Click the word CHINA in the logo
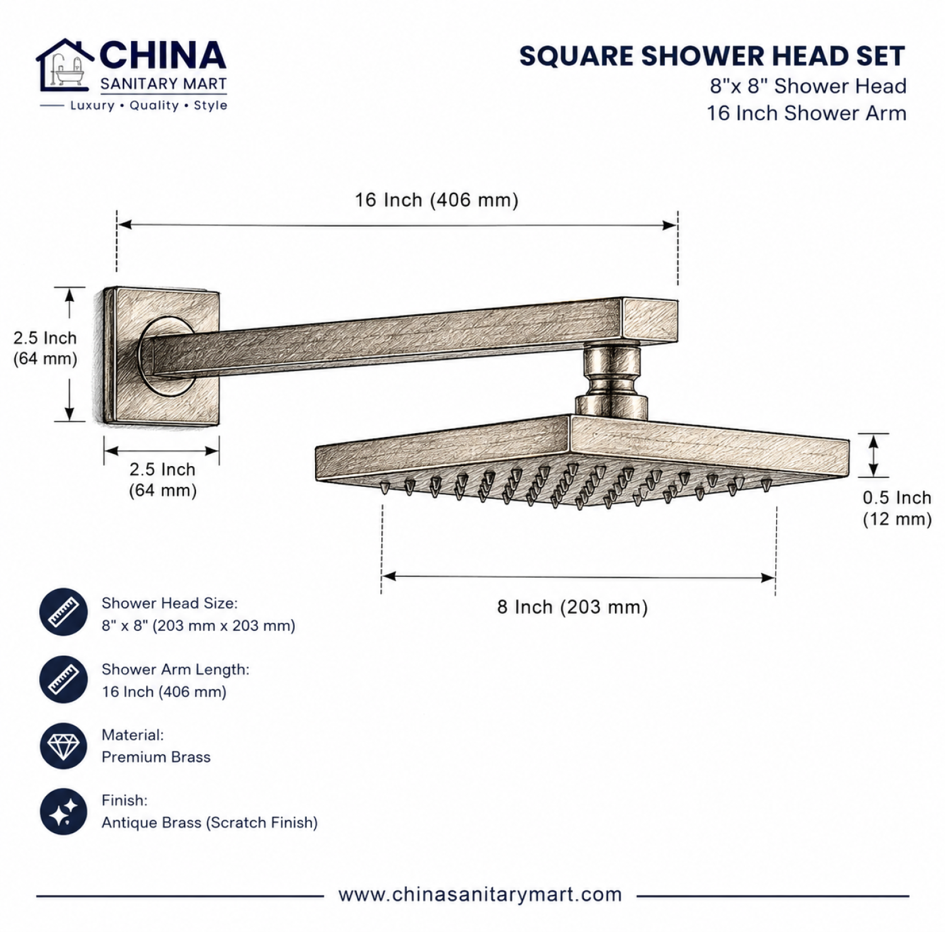163,55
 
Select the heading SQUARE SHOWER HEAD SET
713,57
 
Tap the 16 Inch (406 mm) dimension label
437,200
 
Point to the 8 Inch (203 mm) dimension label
572,607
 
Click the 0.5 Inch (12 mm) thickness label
897,508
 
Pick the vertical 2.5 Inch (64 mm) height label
45,348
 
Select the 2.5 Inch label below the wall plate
163,480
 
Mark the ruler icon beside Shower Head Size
64,612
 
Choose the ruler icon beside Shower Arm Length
64,679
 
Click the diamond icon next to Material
64,746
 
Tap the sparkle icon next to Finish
64,812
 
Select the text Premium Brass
156,757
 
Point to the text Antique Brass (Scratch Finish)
210,822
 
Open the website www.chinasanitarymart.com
480,895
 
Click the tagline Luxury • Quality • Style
149,106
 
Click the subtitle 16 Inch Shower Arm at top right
807,113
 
